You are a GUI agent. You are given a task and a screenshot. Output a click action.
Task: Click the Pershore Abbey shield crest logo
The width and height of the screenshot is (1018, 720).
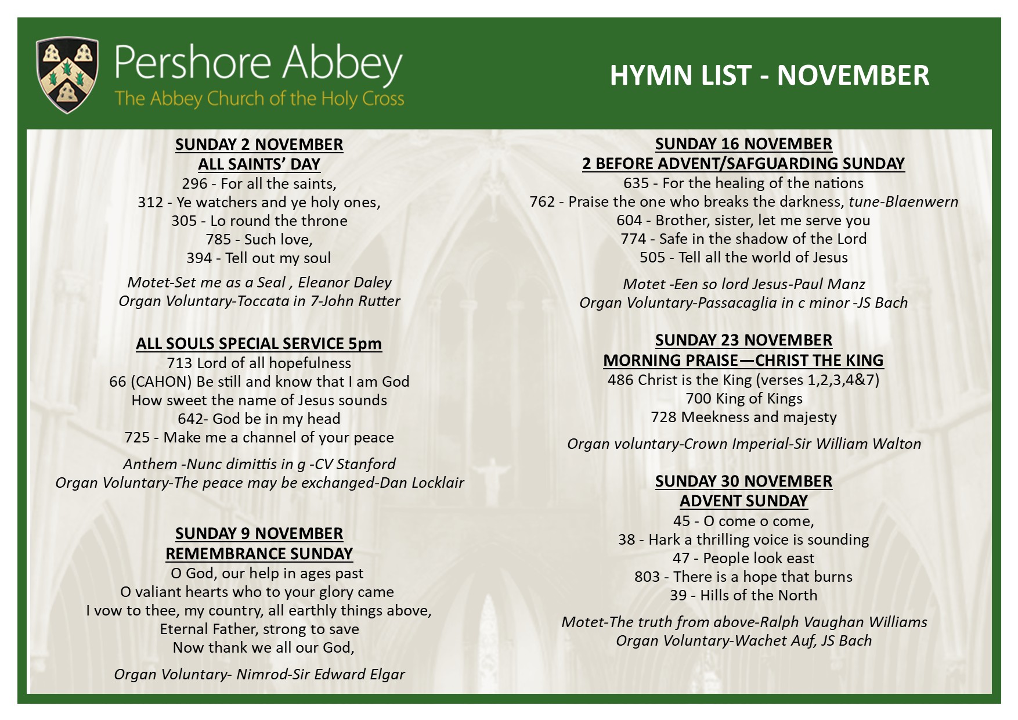[67, 74]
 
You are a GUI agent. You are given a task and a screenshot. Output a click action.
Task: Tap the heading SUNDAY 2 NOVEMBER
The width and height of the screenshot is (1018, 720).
[259, 145]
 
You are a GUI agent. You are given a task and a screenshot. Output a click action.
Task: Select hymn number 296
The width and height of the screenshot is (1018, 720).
[194, 184]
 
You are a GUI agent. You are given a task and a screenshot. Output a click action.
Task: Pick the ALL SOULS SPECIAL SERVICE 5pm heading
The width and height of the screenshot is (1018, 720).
[259, 344]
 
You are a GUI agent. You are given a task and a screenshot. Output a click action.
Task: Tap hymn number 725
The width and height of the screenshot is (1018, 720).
[137, 438]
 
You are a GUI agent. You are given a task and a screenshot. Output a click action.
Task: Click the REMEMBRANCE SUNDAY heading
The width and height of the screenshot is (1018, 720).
[259, 554]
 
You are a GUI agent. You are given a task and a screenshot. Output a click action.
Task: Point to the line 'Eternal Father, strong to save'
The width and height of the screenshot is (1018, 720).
[259, 629]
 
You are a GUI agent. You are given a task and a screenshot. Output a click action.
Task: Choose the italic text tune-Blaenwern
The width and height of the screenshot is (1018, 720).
[903, 202]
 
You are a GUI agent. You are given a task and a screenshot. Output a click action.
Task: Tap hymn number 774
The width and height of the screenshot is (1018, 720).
[633, 239]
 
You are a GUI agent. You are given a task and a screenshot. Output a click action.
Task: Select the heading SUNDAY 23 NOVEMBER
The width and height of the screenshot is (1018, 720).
[743, 340]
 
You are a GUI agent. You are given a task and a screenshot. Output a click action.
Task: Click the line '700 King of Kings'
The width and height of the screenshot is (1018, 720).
[743, 399]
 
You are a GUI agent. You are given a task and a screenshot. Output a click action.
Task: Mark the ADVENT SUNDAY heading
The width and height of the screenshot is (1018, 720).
[743, 501]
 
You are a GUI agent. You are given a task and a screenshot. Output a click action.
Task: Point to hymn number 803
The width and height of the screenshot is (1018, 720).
[647, 577]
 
